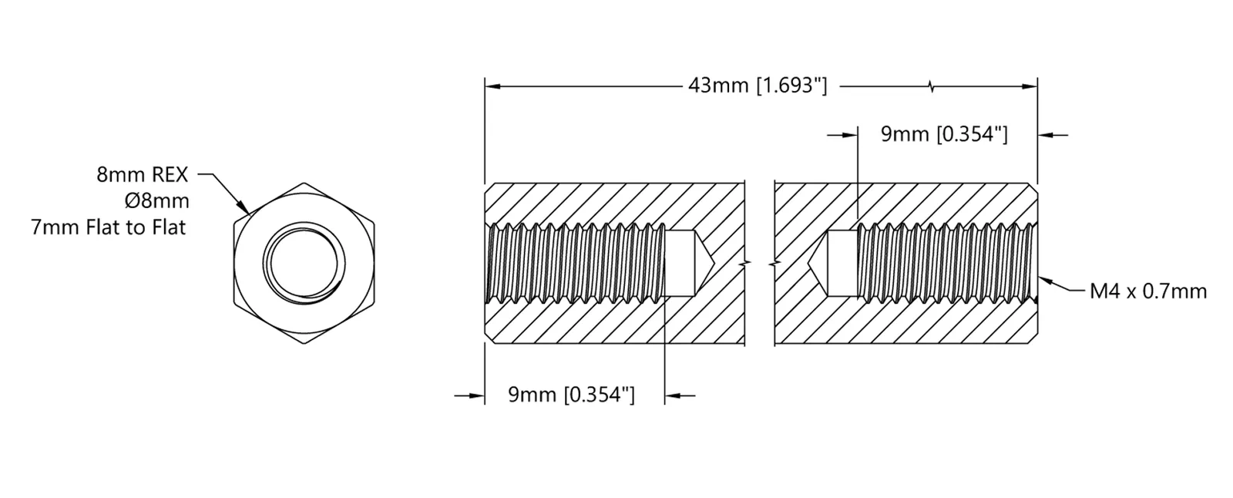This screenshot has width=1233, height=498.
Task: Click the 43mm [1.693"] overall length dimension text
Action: (x=758, y=86)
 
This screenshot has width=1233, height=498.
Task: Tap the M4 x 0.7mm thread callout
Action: (x=1148, y=291)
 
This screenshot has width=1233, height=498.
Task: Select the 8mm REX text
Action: (x=142, y=175)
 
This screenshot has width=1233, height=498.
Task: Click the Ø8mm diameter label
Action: (x=157, y=201)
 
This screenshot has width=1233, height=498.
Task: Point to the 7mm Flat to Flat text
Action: (x=109, y=227)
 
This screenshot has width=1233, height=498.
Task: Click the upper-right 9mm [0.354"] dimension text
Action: (x=944, y=134)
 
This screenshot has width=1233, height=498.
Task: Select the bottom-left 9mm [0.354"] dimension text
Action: (x=571, y=395)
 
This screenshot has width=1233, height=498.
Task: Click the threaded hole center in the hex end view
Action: (x=304, y=264)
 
